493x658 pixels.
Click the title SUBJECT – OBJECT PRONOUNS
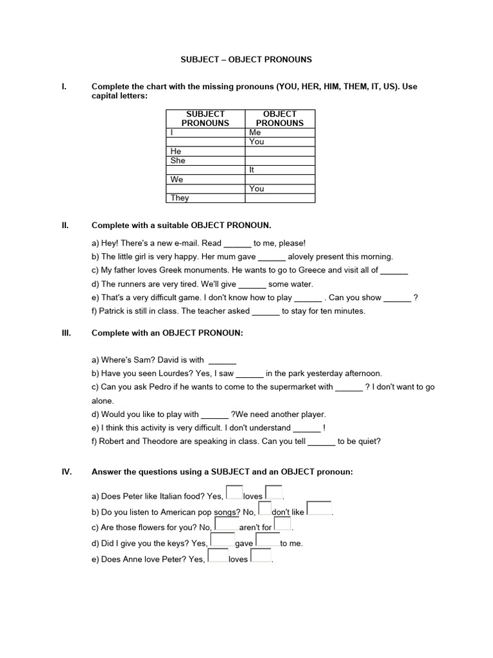(246, 60)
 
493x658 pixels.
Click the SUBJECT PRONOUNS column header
(205, 118)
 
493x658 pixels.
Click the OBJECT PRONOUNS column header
(280, 118)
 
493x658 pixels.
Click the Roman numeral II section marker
(65, 226)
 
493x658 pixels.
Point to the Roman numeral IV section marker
(66, 472)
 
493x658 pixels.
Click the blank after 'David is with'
(223, 360)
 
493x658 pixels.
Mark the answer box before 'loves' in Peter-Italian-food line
(234, 493)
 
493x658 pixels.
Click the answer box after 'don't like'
(319, 508)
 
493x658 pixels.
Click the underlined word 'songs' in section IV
(227, 512)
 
